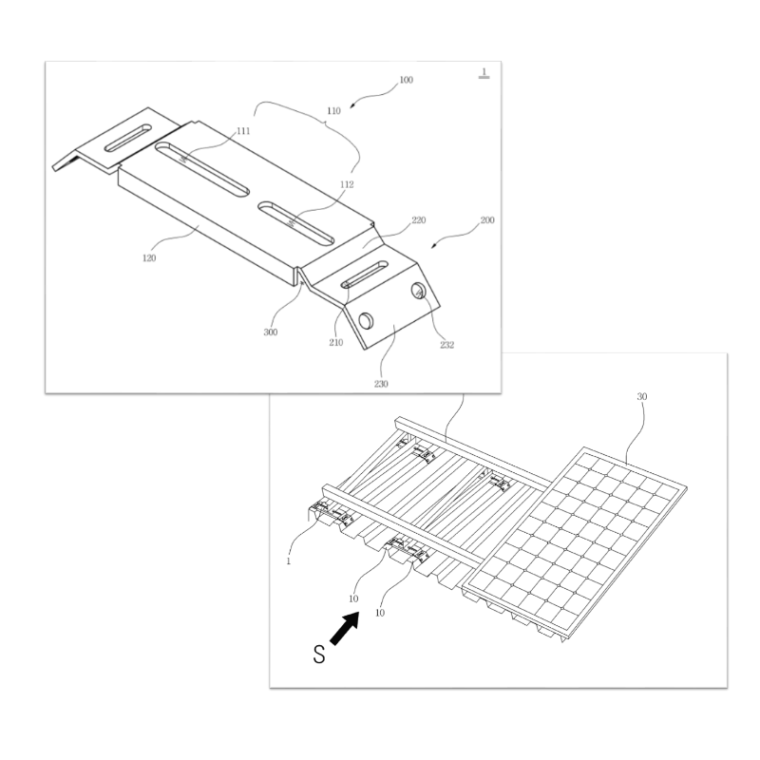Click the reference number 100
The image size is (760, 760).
click(x=406, y=80)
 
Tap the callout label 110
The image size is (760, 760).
click(x=333, y=111)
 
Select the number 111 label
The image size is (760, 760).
click(x=243, y=131)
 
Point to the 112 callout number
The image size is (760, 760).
click(x=347, y=184)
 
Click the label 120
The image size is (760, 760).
click(x=149, y=258)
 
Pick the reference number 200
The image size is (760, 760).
click(x=487, y=220)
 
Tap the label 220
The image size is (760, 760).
click(x=418, y=220)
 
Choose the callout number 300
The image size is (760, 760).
click(x=271, y=332)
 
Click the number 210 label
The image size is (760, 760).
click(x=336, y=343)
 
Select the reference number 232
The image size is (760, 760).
click(x=446, y=345)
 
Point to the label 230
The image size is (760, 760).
click(x=381, y=384)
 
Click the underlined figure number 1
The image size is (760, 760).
click(x=484, y=73)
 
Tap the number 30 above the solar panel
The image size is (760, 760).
click(x=642, y=396)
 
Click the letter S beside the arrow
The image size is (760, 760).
click(x=319, y=655)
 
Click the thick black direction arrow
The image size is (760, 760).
click(x=345, y=628)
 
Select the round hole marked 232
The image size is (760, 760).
click(x=418, y=291)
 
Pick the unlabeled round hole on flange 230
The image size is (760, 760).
click(x=366, y=321)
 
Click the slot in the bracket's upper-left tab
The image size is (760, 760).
click(x=128, y=138)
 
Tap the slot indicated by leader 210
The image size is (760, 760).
click(x=365, y=275)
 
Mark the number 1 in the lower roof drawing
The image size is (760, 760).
click(x=289, y=561)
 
